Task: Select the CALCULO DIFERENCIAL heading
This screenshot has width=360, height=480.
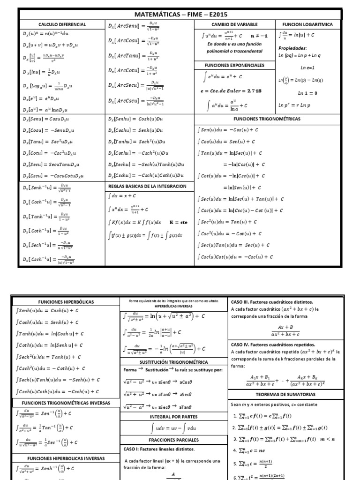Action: [62, 24]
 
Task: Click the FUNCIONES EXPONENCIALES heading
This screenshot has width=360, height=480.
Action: [234, 65]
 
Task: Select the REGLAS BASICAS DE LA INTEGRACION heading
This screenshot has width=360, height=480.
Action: [147, 186]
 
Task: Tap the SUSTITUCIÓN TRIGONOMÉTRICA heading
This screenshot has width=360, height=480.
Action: [174, 361]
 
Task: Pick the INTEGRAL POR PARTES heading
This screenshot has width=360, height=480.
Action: [174, 416]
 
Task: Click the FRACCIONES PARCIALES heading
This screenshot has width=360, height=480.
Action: [174, 440]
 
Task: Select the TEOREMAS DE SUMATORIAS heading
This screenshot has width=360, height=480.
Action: [293, 394]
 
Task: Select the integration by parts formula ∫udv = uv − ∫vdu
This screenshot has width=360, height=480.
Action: [174, 427]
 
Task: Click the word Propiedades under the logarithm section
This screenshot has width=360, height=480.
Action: [292, 48]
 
